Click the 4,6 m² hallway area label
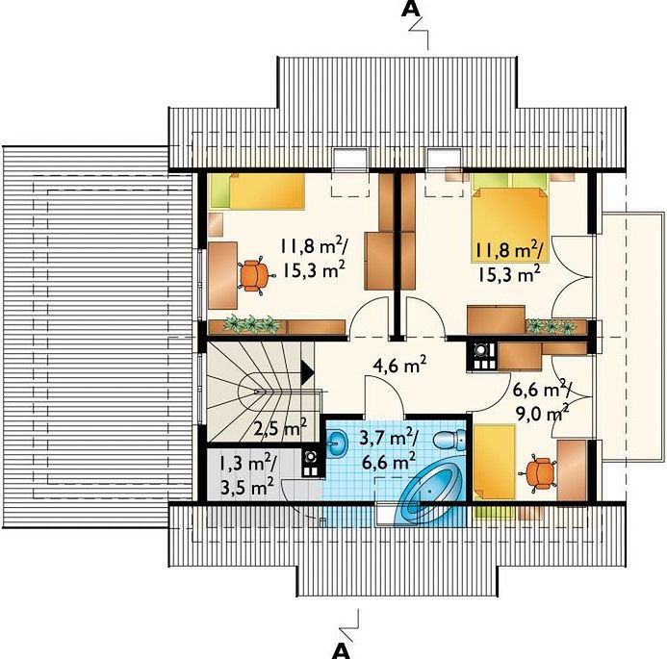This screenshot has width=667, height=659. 399,366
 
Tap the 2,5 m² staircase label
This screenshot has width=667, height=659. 280,428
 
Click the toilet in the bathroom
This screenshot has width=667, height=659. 449,440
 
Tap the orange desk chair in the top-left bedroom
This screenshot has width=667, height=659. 254,275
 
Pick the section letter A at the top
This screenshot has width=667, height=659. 410,9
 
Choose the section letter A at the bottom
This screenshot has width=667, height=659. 341,650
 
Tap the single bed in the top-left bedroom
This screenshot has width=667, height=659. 258,190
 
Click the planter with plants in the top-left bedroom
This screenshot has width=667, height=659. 245,326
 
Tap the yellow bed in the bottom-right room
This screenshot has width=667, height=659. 495,462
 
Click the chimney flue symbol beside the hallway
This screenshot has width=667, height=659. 481,357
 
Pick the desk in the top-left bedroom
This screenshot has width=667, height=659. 222,275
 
